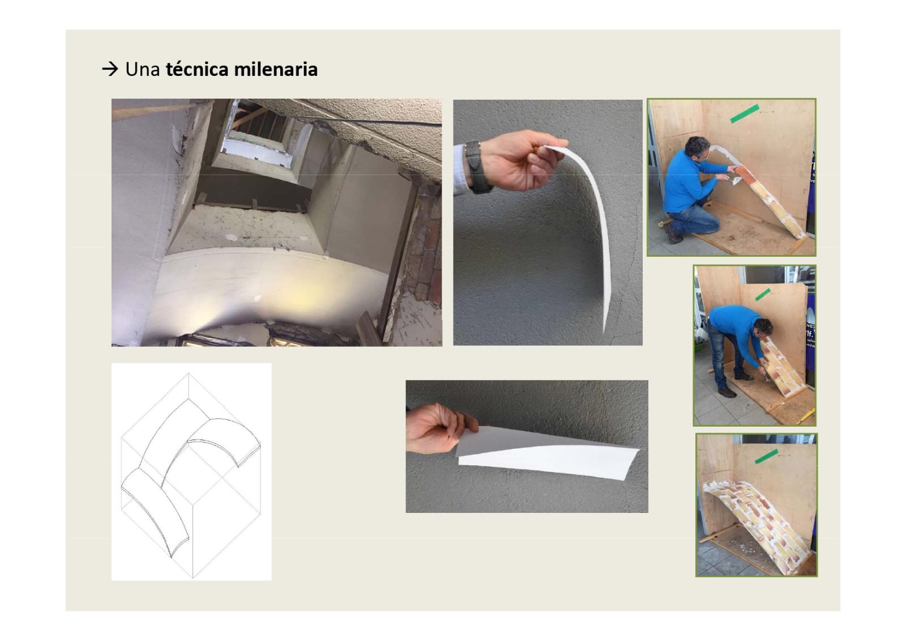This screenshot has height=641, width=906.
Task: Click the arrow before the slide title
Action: (110, 69)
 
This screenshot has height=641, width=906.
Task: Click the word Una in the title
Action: (142, 69)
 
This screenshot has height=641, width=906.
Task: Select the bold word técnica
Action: (198, 69)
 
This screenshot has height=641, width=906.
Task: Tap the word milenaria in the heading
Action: (276, 69)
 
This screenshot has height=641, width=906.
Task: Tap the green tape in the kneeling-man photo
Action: (745, 114)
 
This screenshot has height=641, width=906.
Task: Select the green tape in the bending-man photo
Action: (762, 294)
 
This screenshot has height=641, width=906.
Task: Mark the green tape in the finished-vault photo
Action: (766, 456)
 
